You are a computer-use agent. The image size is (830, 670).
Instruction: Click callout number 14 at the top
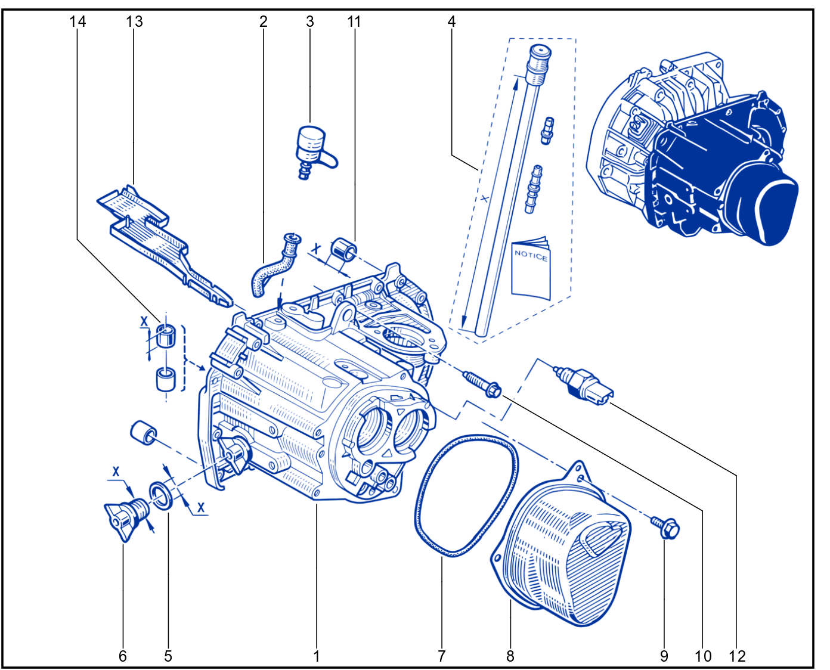78,21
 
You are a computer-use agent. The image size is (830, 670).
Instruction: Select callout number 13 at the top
134,21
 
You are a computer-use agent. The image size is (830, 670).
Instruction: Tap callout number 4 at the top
451,21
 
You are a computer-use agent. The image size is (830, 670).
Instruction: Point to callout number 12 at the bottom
737,656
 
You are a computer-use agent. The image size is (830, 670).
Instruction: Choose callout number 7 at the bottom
441,656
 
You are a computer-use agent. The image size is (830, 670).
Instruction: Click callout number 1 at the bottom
317,656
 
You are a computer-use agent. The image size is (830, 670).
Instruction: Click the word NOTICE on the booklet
531,256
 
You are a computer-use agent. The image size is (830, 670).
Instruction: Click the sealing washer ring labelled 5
162,495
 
